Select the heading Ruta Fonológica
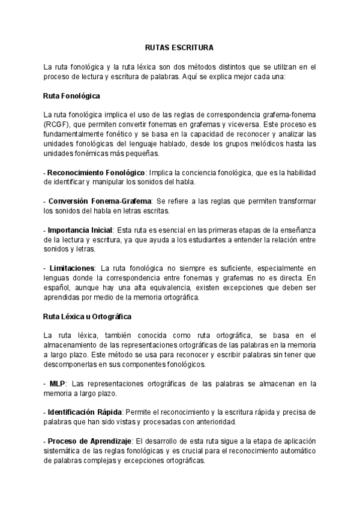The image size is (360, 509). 71,96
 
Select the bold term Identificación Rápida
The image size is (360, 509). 85,412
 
